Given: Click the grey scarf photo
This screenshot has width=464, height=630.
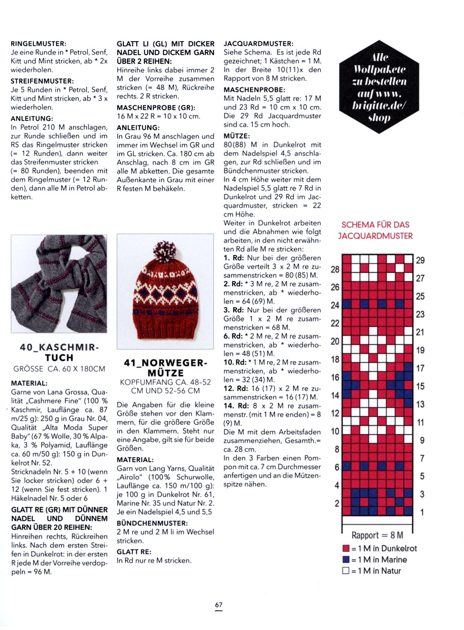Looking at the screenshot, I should [59, 283].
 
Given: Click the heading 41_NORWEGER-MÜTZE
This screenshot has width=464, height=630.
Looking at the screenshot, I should [165, 368].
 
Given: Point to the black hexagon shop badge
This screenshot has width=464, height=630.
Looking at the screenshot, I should [379, 87].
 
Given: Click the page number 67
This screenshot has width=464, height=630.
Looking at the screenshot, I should [218, 605].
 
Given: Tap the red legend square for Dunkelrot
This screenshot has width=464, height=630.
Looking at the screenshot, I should [346, 549].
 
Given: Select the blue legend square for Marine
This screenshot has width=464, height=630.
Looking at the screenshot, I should [346, 560].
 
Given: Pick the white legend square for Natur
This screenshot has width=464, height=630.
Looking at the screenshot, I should [346, 571].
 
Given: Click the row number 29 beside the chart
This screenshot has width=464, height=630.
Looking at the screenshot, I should [420, 261].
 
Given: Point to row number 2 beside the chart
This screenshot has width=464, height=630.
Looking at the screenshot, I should [337, 504].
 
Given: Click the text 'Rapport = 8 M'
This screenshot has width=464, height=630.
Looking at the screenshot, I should [377, 535].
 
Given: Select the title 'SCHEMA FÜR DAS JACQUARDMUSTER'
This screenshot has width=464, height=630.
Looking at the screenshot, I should [375, 230].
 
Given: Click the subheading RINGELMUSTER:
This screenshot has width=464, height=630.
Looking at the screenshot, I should [39, 44].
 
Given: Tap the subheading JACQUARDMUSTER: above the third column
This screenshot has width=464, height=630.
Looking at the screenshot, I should [258, 44].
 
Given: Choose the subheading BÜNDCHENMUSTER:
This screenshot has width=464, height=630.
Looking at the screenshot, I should [152, 523].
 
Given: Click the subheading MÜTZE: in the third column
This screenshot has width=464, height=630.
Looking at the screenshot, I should [236, 136].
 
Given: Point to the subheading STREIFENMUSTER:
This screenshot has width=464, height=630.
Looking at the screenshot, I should [42, 81].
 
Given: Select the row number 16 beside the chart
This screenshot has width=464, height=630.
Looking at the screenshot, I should [335, 378].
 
